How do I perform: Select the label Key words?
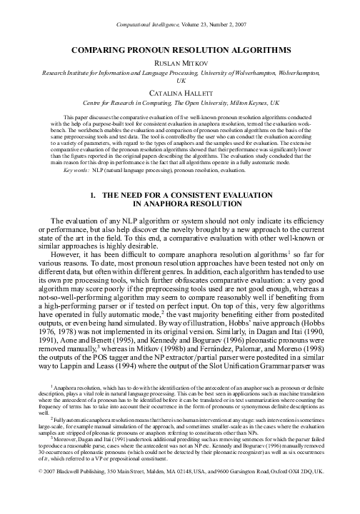[x=76, y=171]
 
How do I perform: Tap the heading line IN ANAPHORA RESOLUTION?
[x=179, y=203]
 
